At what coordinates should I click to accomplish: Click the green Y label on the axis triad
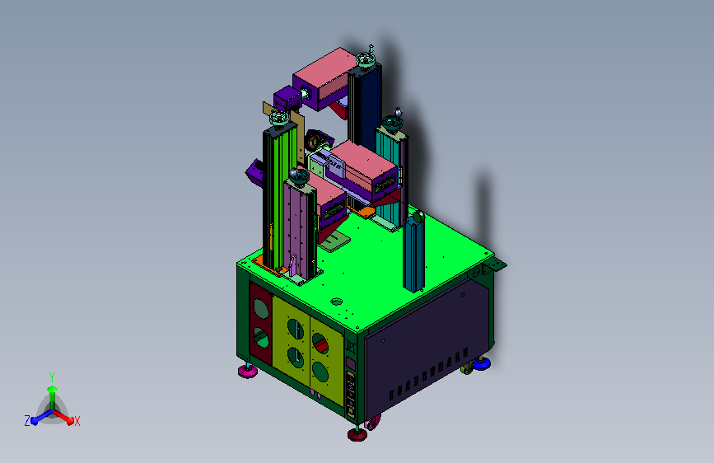point(52,377)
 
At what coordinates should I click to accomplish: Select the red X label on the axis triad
point(77,421)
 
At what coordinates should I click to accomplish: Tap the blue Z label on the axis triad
point(27,421)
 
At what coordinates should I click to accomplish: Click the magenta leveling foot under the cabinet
point(248,371)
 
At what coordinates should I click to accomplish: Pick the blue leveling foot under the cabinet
point(481,363)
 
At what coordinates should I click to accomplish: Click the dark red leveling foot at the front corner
point(357,433)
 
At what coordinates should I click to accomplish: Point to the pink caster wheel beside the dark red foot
point(372,423)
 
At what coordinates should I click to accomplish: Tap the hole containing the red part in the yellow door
point(320,344)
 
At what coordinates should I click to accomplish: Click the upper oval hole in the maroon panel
point(261,309)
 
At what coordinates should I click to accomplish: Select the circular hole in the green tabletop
point(337,302)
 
